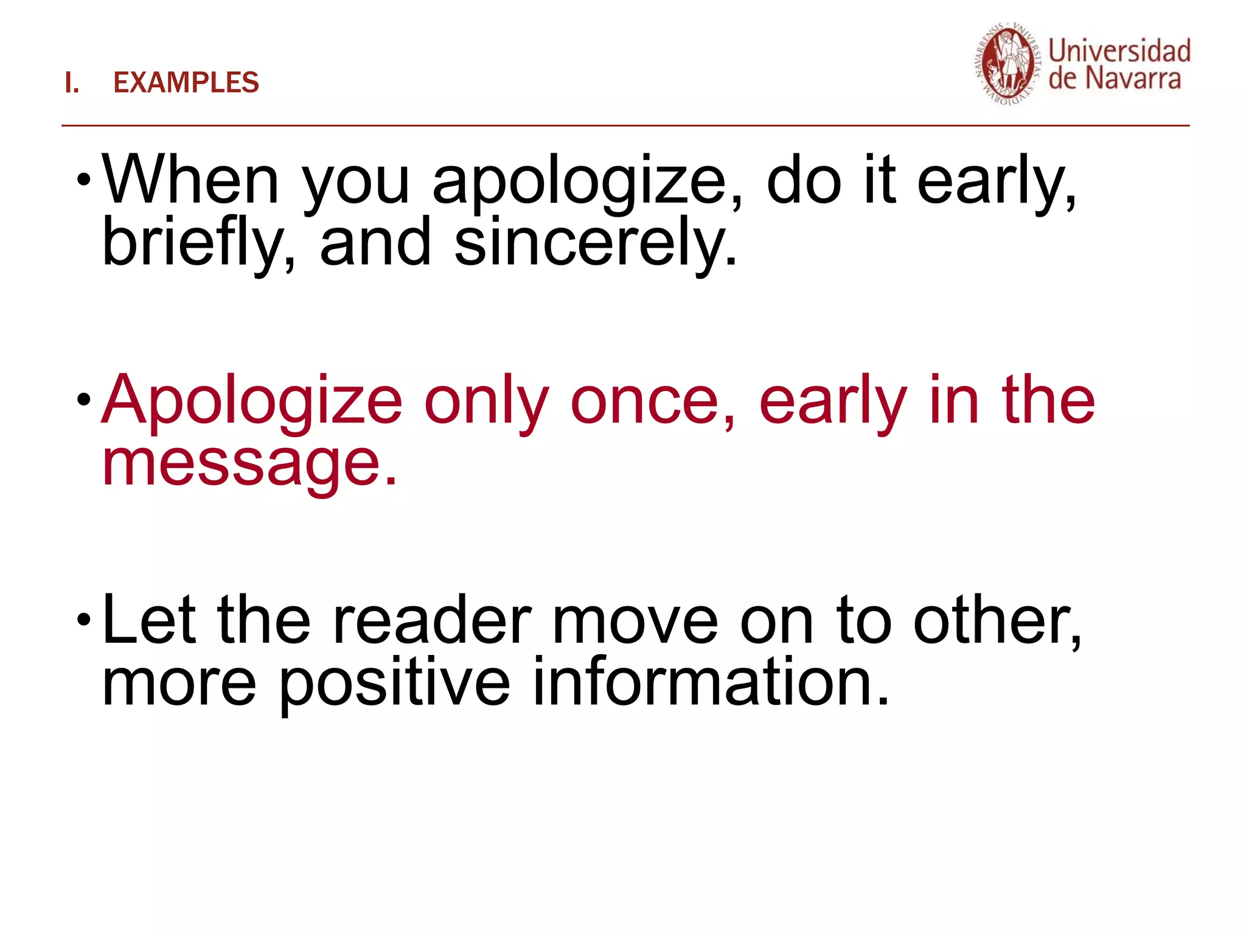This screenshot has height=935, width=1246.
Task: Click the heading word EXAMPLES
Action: [186, 83]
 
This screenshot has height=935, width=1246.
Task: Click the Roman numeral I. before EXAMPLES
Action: [72, 83]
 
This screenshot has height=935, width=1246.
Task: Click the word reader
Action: [433, 621]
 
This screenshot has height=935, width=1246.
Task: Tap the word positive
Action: [395, 684]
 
